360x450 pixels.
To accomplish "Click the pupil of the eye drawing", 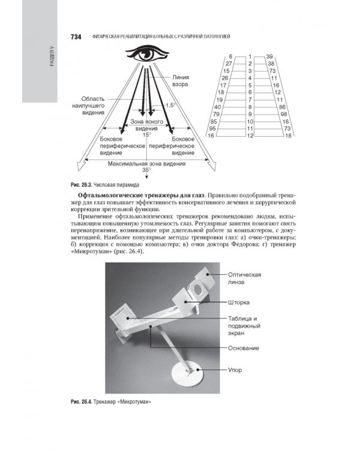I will [x=146, y=55].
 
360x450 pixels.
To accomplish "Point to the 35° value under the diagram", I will [x=145, y=170].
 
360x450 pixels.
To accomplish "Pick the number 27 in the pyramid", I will [x=229, y=63].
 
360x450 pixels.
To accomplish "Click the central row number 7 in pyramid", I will [x=250, y=100].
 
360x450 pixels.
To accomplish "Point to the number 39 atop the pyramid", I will [x=269, y=56].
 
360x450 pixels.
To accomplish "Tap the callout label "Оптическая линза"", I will [x=245, y=278].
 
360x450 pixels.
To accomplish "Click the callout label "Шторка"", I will [x=239, y=302].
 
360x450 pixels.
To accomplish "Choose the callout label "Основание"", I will [x=244, y=348].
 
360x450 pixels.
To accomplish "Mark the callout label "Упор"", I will [x=235, y=370].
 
